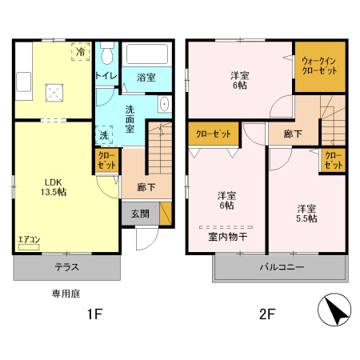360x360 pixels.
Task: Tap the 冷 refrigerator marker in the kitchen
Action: click(x=82, y=51)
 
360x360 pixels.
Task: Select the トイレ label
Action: click(x=106, y=75)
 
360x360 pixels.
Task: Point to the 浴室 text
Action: click(x=146, y=77)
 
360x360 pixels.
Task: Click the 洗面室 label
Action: click(x=134, y=118)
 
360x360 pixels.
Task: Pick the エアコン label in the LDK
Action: click(x=29, y=239)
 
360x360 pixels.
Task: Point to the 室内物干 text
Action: click(x=227, y=236)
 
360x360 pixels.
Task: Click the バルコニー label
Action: click(x=281, y=267)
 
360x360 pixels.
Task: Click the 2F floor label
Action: click(x=266, y=314)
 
